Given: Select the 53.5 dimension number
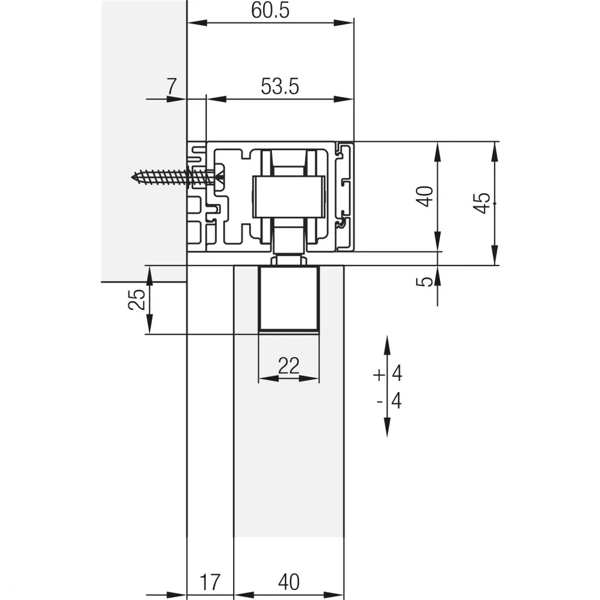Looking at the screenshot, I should click(279, 87).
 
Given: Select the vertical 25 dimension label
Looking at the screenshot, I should click(137, 299).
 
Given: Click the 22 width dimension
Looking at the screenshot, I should click(288, 366).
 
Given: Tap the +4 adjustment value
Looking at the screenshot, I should click(388, 373).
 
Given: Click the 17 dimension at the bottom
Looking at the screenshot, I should click(209, 582).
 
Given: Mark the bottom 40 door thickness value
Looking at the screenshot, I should click(288, 582).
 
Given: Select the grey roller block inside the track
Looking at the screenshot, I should click(288, 196).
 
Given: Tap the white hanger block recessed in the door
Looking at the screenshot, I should click(289, 299).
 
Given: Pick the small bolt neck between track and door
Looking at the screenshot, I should click(288, 260).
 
